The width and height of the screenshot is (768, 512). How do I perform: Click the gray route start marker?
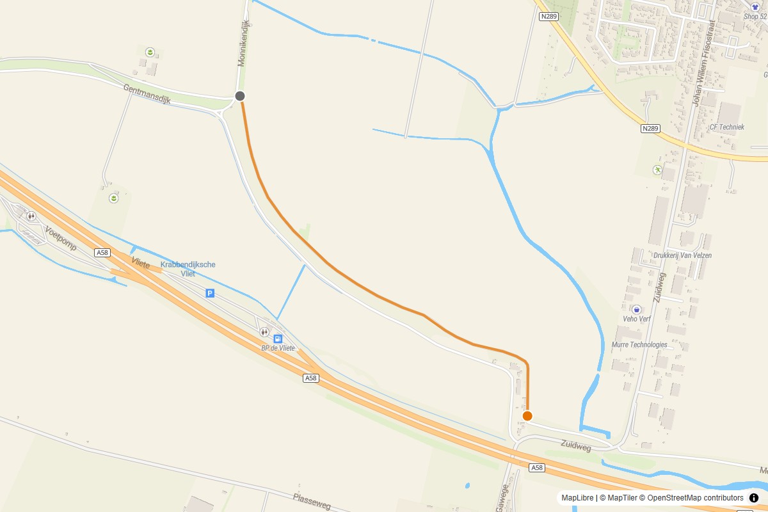pos(240,96)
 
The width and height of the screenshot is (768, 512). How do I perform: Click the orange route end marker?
pos(527,416)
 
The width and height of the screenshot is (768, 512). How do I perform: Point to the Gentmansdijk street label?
pos(147,93)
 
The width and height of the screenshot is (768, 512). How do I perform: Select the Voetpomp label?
pos(61,238)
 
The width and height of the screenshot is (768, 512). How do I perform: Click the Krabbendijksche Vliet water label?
pos(188,269)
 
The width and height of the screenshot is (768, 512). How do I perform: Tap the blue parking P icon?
pos(210,293)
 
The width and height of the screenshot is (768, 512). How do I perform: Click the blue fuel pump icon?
pos(278,339)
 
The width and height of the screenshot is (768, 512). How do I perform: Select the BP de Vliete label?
pos(278,348)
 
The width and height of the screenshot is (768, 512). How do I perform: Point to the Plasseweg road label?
pos(312,501)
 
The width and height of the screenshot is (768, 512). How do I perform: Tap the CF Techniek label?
pos(726,127)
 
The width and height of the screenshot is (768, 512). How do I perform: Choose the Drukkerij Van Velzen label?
pos(682,255)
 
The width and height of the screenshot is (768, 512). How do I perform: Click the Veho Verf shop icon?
pos(636,310)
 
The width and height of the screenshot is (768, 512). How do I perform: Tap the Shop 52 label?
pos(755,17)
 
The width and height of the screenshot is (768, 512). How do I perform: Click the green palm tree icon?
pos(657,170)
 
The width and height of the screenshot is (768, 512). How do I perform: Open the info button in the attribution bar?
pos(754,498)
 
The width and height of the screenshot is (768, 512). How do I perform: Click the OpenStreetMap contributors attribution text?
pos(695,498)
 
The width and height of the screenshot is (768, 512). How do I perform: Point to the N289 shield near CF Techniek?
pos(650,129)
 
